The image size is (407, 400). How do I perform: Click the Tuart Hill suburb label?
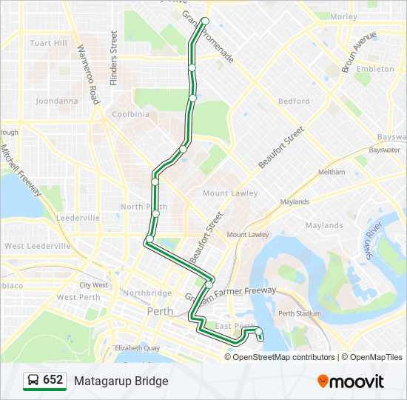[x=49, y=43]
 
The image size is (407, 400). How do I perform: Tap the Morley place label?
[x=344, y=16]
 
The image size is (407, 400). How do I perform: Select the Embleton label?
[x=375, y=69]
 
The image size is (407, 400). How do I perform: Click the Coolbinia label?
[x=130, y=114]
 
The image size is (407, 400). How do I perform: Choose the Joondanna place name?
[x=57, y=101]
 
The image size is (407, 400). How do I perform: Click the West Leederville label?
[x=38, y=246]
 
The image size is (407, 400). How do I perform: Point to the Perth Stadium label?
[x=300, y=313]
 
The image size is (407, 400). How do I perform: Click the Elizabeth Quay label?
[x=137, y=347]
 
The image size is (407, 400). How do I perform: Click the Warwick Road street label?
[x=87, y=73]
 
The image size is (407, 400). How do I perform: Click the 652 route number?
[x=53, y=380]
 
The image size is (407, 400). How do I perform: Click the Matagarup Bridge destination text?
[x=121, y=381]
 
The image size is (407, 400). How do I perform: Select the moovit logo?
[x=351, y=381]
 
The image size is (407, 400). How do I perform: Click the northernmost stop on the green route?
[x=205, y=21]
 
